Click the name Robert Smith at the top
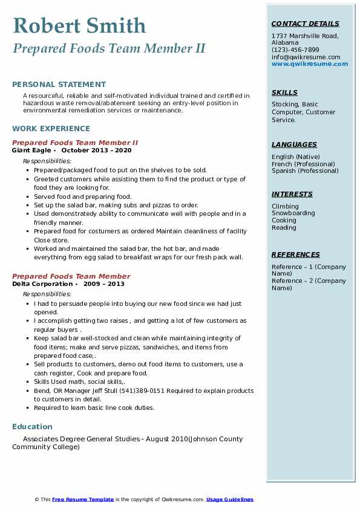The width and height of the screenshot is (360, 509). tap(79, 25)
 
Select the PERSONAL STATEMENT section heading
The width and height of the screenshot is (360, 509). tap(59, 85)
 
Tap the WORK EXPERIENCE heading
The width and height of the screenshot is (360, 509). tap(51, 129)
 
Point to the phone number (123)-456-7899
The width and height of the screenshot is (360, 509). tap(295, 50)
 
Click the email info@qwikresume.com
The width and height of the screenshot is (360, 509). tap(306, 57)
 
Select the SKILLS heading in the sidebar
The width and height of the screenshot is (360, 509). tap(284, 92)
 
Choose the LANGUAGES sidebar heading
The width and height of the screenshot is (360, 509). tap(294, 144)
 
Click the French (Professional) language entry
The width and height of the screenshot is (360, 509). tap(303, 164)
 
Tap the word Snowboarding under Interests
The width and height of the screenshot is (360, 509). tap(293, 213)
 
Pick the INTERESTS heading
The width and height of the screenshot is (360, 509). tap(292, 194)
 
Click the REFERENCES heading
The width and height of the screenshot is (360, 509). tap(295, 254)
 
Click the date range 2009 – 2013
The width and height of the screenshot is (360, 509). tap(104, 284)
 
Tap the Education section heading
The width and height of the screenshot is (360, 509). tap(32, 427)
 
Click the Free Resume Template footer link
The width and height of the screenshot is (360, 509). tap(83, 499)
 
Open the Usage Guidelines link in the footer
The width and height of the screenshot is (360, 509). tap(229, 499)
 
